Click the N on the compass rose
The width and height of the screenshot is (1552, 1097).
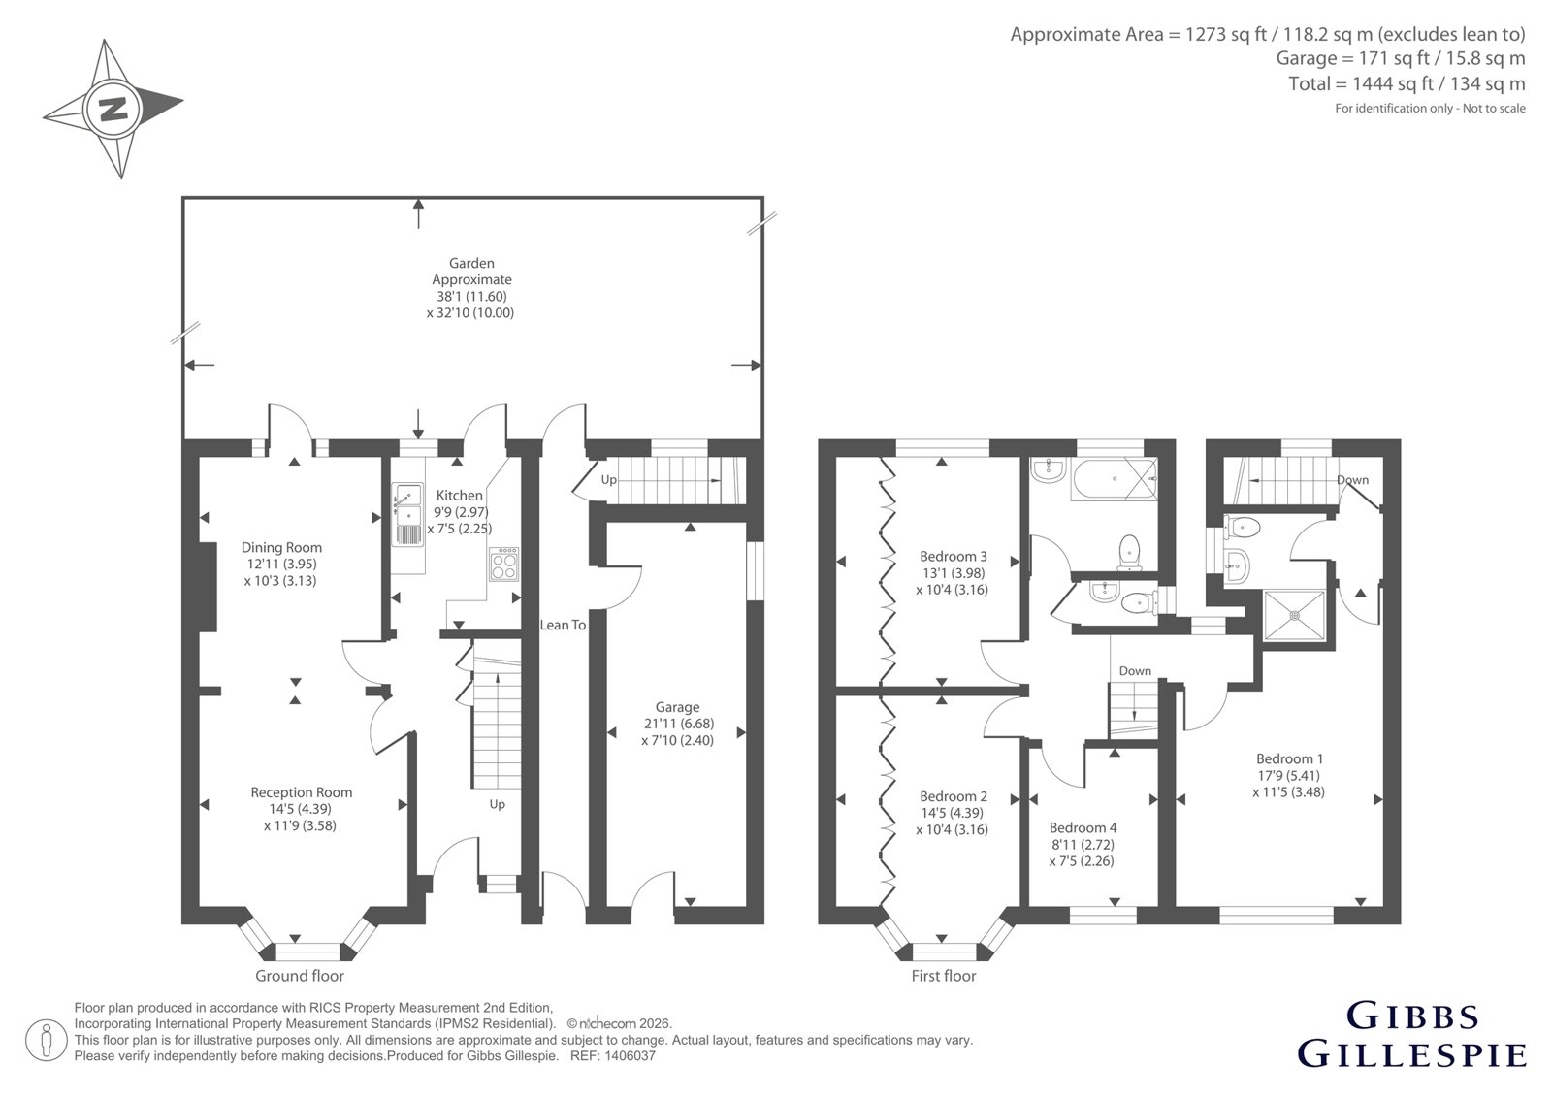(x=113, y=110)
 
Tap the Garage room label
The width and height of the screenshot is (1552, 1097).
(x=677, y=707)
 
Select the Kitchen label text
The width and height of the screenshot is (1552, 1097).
(x=459, y=495)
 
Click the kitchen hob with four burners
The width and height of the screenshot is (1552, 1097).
(x=503, y=564)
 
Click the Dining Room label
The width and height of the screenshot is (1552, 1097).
(x=281, y=547)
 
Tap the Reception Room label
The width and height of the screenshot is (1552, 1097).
(x=302, y=792)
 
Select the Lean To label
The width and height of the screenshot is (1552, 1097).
(x=563, y=625)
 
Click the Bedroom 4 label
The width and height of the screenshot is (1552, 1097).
(x=1083, y=827)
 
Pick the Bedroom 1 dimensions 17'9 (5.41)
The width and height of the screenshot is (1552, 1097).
(x=1289, y=775)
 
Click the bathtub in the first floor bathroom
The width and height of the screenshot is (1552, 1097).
(x=1115, y=479)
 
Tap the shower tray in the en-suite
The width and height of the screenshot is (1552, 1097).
(x=1294, y=614)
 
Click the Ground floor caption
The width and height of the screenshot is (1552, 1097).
(x=300, y=976)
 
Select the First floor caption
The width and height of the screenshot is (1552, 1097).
(x=944, y=976)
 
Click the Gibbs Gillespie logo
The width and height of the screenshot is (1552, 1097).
(x=1411, y=1035)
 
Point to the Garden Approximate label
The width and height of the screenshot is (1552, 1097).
(x=471, y=271)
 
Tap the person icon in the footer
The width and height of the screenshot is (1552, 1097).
(x=46, y=1040)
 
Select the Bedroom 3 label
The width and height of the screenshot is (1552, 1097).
(x=954, y=556)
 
